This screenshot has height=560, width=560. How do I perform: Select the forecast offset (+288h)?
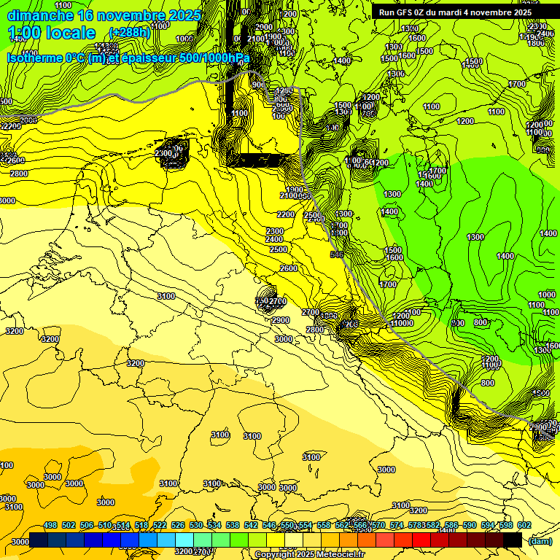[x=129, y=33]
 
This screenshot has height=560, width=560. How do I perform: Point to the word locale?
[x=69, y=33]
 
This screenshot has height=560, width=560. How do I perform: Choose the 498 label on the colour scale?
[x=50, y=525]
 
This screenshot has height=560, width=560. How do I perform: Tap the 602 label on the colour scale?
[x=524, y=525]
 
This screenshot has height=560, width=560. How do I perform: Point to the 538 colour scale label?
[x=233, y=525]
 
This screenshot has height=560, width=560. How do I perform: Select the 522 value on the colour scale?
[x=160, y=525]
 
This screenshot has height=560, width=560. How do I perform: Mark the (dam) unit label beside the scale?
[x=540, y=541]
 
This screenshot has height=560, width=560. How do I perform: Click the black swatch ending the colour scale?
[x=513, y=540]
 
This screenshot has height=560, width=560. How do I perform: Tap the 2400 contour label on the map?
[x=274, y=239]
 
